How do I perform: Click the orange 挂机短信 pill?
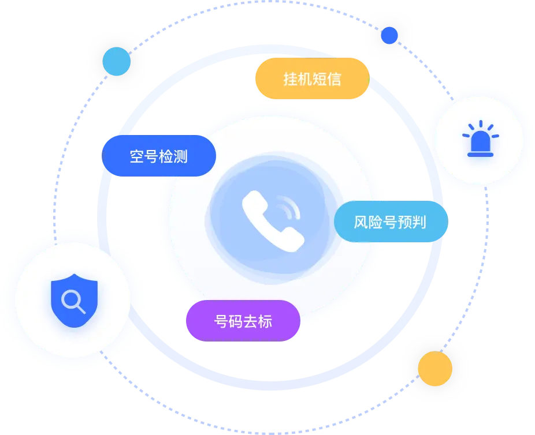click(313, 78)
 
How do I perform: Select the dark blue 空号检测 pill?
click(159, 156)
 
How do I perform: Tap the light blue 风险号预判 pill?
click(391, 222)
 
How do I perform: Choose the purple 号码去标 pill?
click(243, 321)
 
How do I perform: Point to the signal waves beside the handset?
click(289, 207)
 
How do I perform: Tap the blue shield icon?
click(75, 301)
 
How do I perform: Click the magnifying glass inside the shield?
click(73, 301)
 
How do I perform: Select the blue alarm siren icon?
click(481, 138)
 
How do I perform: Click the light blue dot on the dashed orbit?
click(117, 61)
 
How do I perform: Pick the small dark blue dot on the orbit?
click(389, 35)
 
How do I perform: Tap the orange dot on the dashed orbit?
click(435, 369)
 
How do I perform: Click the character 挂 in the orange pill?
click(291, 79)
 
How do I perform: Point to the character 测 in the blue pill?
click(180, 156)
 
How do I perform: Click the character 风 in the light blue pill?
click(361, 222)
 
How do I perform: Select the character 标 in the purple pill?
click(265, 321)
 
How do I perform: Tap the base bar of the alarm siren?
click(481, 155)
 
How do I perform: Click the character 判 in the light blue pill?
click(419, 222)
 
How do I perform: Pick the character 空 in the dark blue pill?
click(137, 156)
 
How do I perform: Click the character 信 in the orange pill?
click(335, 79)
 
